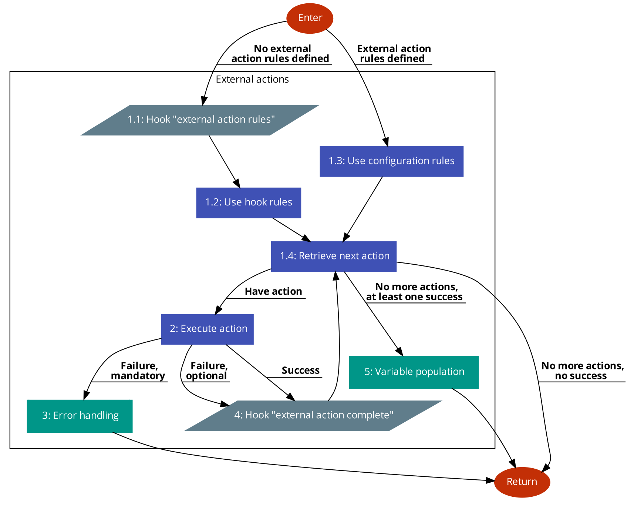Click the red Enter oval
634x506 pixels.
point(310,18)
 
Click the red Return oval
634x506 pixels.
point(522,482)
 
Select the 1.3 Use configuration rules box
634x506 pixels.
point(391,161)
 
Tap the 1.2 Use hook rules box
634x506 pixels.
point(249,202)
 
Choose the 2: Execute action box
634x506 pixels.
point(207,329)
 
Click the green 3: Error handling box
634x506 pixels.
point(80,416)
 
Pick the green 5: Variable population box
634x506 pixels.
point(414,372)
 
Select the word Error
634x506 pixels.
point(65,416)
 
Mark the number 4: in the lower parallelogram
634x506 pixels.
point(238,415)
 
